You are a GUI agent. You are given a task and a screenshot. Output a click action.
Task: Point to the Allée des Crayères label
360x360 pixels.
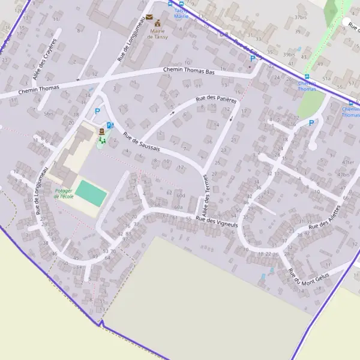(x=45, y=59)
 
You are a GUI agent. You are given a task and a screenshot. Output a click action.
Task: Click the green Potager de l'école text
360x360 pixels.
(x=63, y=193)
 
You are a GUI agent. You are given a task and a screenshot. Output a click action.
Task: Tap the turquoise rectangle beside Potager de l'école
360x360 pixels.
(x=91, y=193)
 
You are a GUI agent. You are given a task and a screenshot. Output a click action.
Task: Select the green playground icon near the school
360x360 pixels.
(x=103, y=140)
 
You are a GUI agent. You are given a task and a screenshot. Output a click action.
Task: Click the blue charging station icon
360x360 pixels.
(x=109, y=125)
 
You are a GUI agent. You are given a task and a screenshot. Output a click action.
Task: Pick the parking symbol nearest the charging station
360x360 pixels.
(x=97, y=111)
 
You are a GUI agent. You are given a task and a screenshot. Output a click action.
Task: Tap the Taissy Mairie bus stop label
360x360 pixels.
(x=181, y=13)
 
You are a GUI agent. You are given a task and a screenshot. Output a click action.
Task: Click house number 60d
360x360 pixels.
(x=181, y=196)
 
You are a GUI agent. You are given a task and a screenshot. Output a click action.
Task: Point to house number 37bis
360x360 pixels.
(x=301, y=17)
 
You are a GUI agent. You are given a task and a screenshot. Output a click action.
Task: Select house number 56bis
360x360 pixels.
(x=49, y=113)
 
